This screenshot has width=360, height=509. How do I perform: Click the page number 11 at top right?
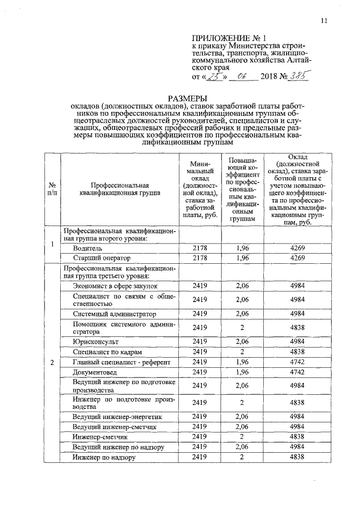tap(324, 21)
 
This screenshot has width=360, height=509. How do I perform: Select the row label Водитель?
tap(87, 247)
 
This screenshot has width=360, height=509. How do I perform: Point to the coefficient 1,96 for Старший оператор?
tap(242, 258)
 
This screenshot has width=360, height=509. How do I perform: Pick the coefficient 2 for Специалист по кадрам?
tap(242, 352)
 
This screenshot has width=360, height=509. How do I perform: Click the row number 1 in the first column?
tap(52, 244)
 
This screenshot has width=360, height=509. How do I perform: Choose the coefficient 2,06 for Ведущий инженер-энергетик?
tap(242, 417)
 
